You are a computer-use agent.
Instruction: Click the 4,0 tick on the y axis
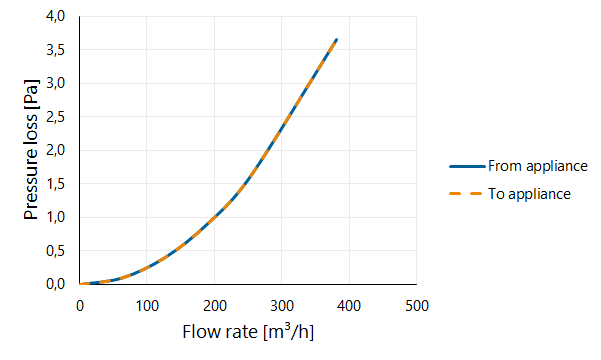point(56,16)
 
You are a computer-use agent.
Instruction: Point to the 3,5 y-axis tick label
point(56,50)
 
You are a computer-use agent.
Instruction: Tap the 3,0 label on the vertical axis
point(56,83)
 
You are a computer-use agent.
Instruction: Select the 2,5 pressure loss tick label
point(56,117)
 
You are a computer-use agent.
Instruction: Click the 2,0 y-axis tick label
point(56,150)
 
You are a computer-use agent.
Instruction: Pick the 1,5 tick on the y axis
point(56,184)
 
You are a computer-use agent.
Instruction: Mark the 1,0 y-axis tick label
point(56,217)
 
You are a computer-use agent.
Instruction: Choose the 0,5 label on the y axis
point(56,251)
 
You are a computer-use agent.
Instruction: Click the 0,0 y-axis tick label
point(56,284)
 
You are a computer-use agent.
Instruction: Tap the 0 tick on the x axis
point(80,306)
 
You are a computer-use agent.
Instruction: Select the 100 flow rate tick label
point(147,306)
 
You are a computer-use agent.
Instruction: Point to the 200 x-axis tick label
point(215,306)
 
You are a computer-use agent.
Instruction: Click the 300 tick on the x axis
point(282,306)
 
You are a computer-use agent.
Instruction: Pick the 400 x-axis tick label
point(350,306)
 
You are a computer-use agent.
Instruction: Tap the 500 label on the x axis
point(417,306)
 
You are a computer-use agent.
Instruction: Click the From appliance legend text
point(538,166)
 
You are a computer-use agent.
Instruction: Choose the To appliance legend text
point(529,194)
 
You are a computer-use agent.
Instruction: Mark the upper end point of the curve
point(337,39)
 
